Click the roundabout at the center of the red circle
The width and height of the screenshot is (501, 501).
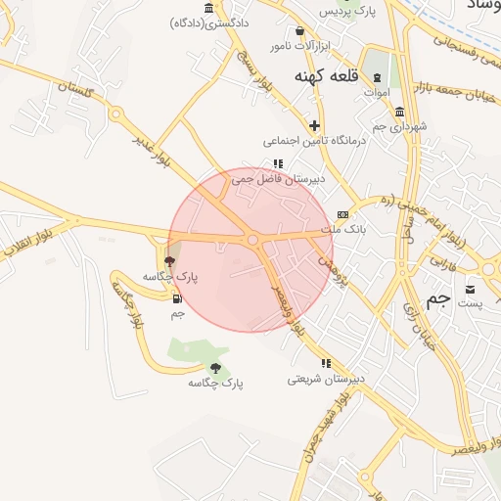pos(252,239)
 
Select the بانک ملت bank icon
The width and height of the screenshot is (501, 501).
pos(342,214)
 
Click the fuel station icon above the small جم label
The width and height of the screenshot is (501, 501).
pos(177,298)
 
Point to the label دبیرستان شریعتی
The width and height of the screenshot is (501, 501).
pos(326,378)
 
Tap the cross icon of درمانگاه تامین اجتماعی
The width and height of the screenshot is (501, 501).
pos(314,125)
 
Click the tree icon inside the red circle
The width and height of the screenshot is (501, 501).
pos(170,261)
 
